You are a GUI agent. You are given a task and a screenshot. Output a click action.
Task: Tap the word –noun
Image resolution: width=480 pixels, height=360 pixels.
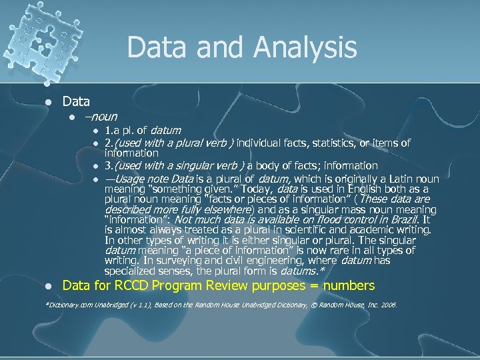coord(101,117)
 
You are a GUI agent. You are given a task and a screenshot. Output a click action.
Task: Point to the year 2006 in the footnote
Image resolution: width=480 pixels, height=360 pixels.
coord(389,305)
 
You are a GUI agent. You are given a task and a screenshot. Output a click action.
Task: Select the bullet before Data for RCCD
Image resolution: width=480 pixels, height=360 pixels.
coord(47,286)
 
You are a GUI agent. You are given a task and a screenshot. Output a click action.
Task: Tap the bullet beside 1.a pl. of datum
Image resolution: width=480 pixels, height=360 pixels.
coord(96,131)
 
